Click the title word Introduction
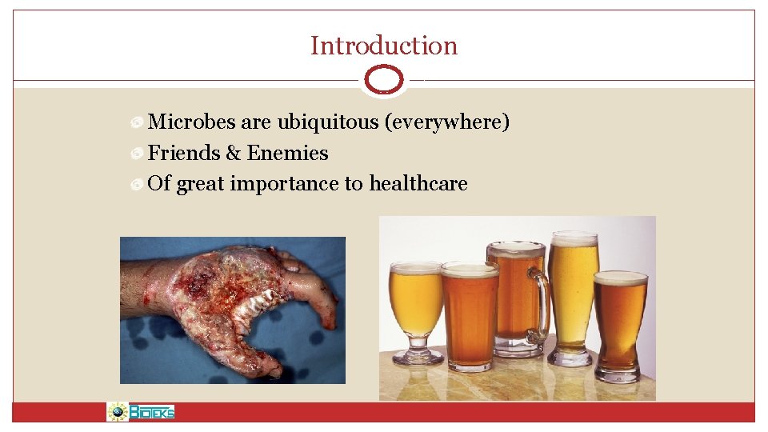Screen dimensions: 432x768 pyautogui.click(x=384, y=46)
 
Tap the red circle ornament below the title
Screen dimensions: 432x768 pyautogui.click(x=384, y=80)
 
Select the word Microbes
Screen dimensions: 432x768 pyautogui.click(x=192, y=122)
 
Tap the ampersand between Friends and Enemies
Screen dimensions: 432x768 pyautogui.click(x=234, y=153)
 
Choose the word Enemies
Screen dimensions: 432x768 pyautogui.click(x=288, y=153)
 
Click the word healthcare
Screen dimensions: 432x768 pyautogui.click(x=418, y=184)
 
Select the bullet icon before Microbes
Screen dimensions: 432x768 pyautogui.click(x=138, y=123)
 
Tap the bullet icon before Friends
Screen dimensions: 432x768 pyautogui.click(x=138, y=154)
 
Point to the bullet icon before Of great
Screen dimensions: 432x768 pyautogui.click(x=138, y=185)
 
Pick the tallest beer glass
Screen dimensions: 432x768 pyautogui.click(x=574, y=296)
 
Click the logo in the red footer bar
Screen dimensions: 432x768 pyautogui.click(x=141, y=412)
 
